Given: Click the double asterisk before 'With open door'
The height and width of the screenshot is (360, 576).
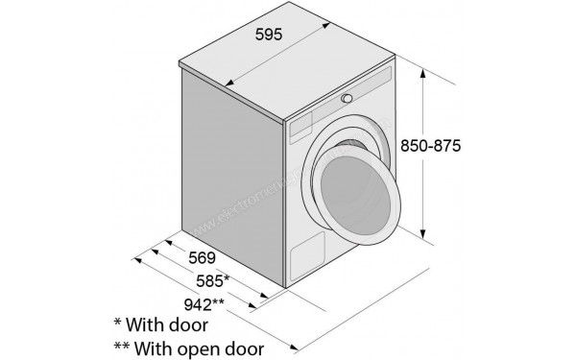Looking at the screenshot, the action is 122,345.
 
